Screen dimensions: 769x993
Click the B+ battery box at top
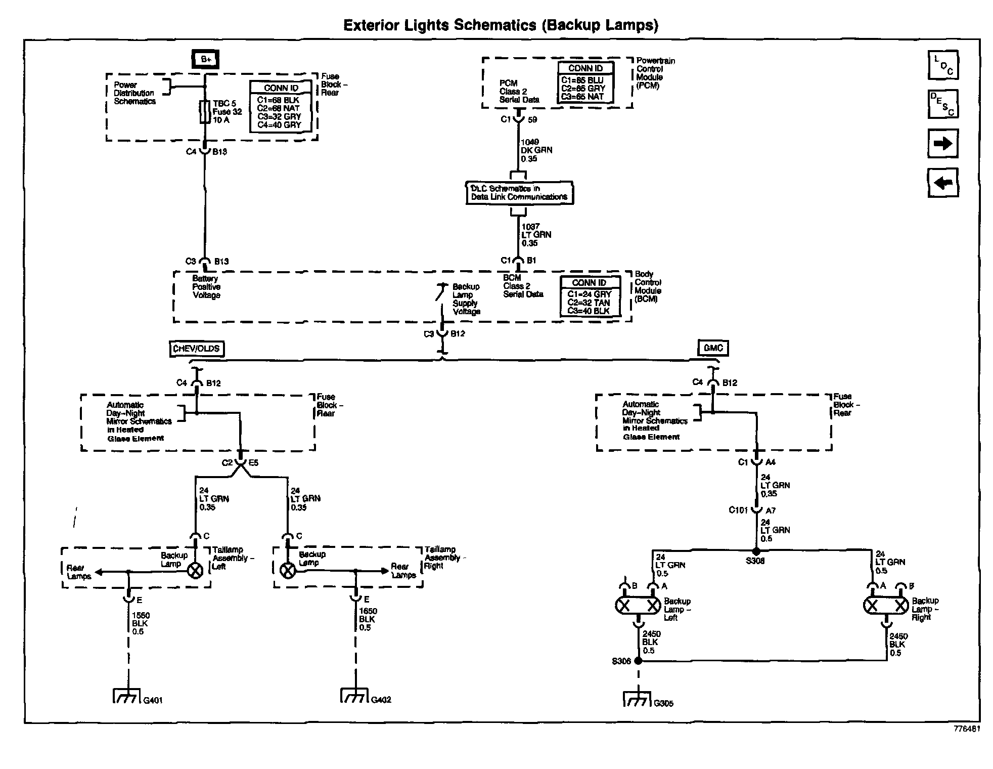[206, 60]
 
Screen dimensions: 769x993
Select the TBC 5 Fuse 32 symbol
[205, 112]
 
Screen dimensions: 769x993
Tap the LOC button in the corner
[943, 65]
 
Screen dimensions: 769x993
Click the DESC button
[943, 104]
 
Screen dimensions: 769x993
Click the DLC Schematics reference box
[519, 193]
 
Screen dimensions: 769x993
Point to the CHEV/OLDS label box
[197, 349]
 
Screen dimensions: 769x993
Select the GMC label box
[713, 348]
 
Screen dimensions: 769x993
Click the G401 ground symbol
[125, 696]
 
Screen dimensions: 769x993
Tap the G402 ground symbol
[353, 696]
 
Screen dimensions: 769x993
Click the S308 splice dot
[756, 551]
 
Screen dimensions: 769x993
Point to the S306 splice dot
[638, 661]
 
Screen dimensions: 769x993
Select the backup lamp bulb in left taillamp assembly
[195, 571]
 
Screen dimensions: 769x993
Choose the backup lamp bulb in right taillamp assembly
[288, 571]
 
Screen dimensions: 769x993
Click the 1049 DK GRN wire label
[536, 150]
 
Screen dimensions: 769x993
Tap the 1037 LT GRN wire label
[536, 235]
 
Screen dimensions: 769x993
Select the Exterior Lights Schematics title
[501, 25]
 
